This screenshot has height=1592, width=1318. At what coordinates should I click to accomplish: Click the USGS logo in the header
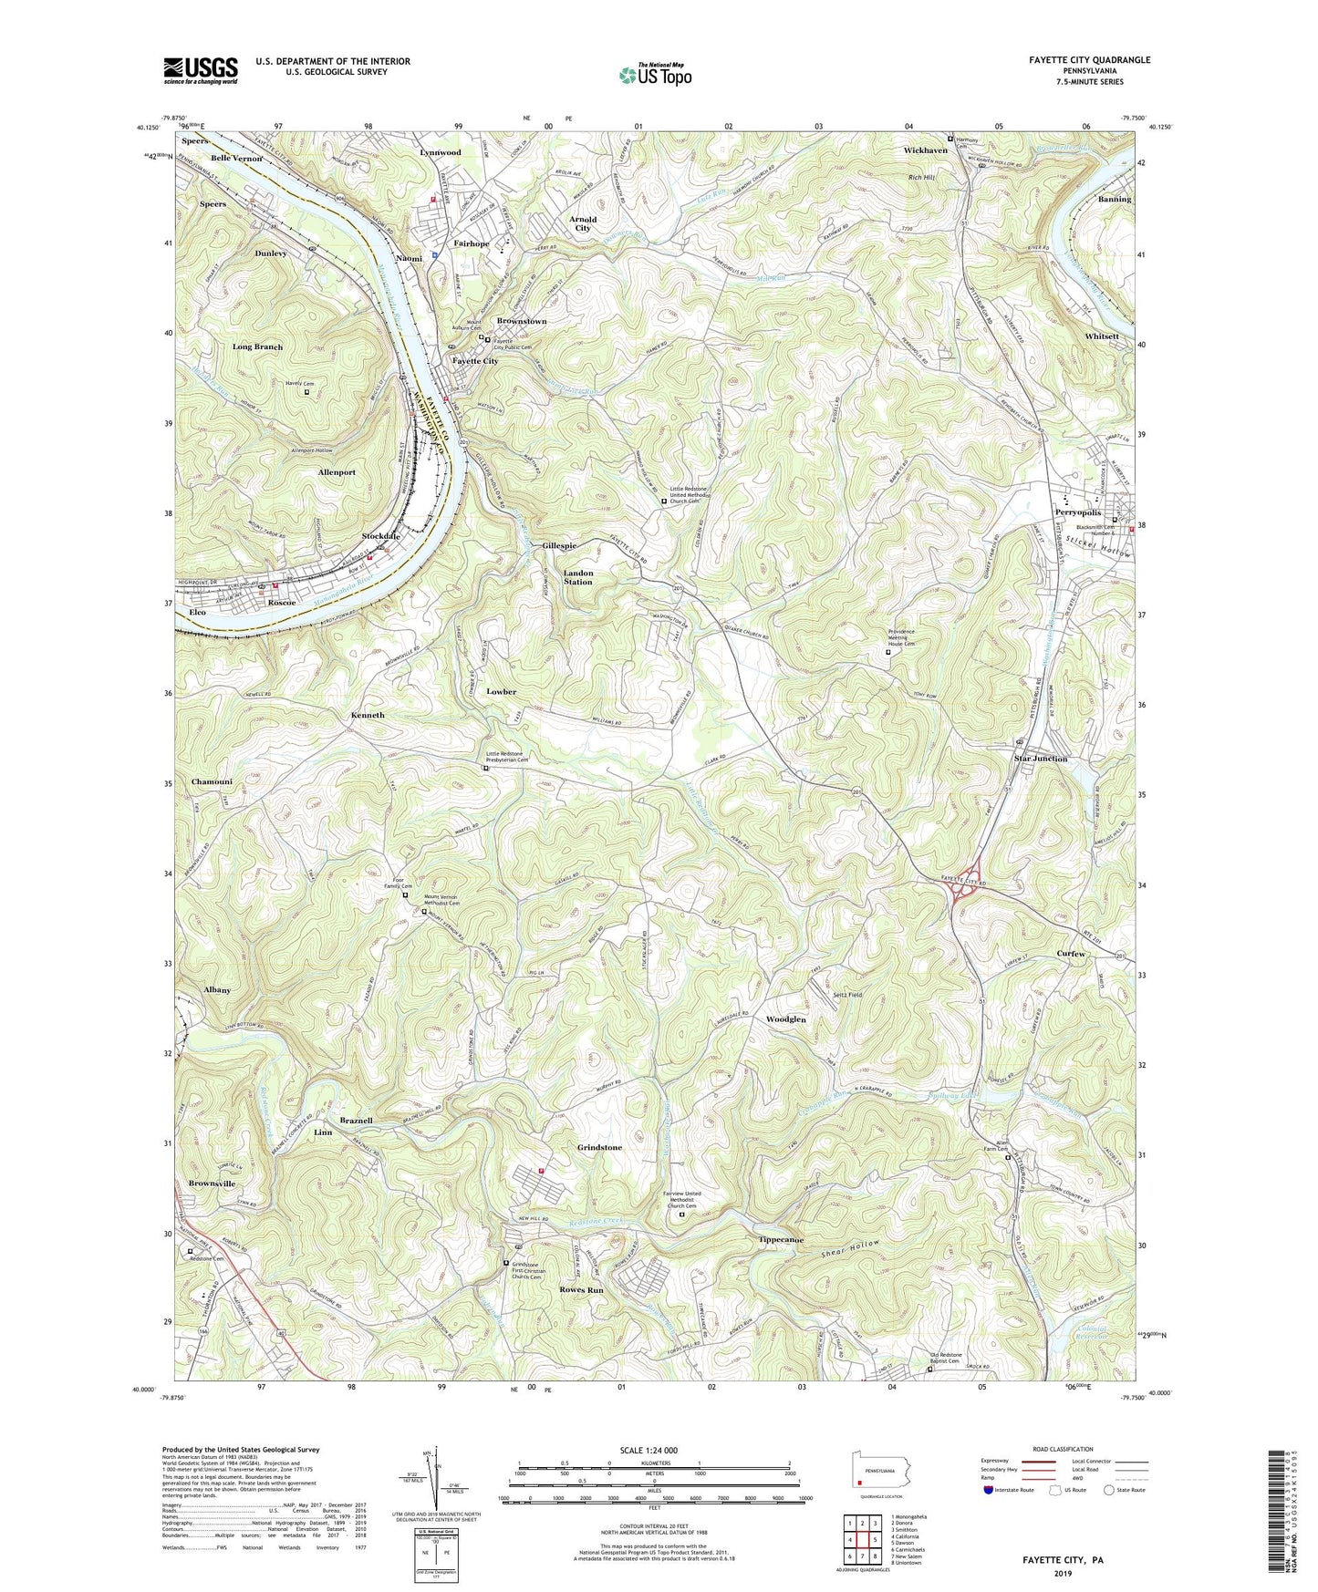tap(201, 69)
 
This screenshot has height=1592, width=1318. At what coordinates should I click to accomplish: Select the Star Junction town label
tap(1040, 759)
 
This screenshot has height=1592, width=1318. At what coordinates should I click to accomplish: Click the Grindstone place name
tap(599, 1147)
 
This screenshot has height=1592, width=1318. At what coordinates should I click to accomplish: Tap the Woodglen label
tap(785, 1018)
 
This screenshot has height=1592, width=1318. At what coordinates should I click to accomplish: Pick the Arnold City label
tap(583, 223)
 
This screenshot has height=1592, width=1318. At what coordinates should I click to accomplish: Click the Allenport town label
tap(337, 472)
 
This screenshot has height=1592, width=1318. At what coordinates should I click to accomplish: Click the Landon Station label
tap(578, 577)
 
